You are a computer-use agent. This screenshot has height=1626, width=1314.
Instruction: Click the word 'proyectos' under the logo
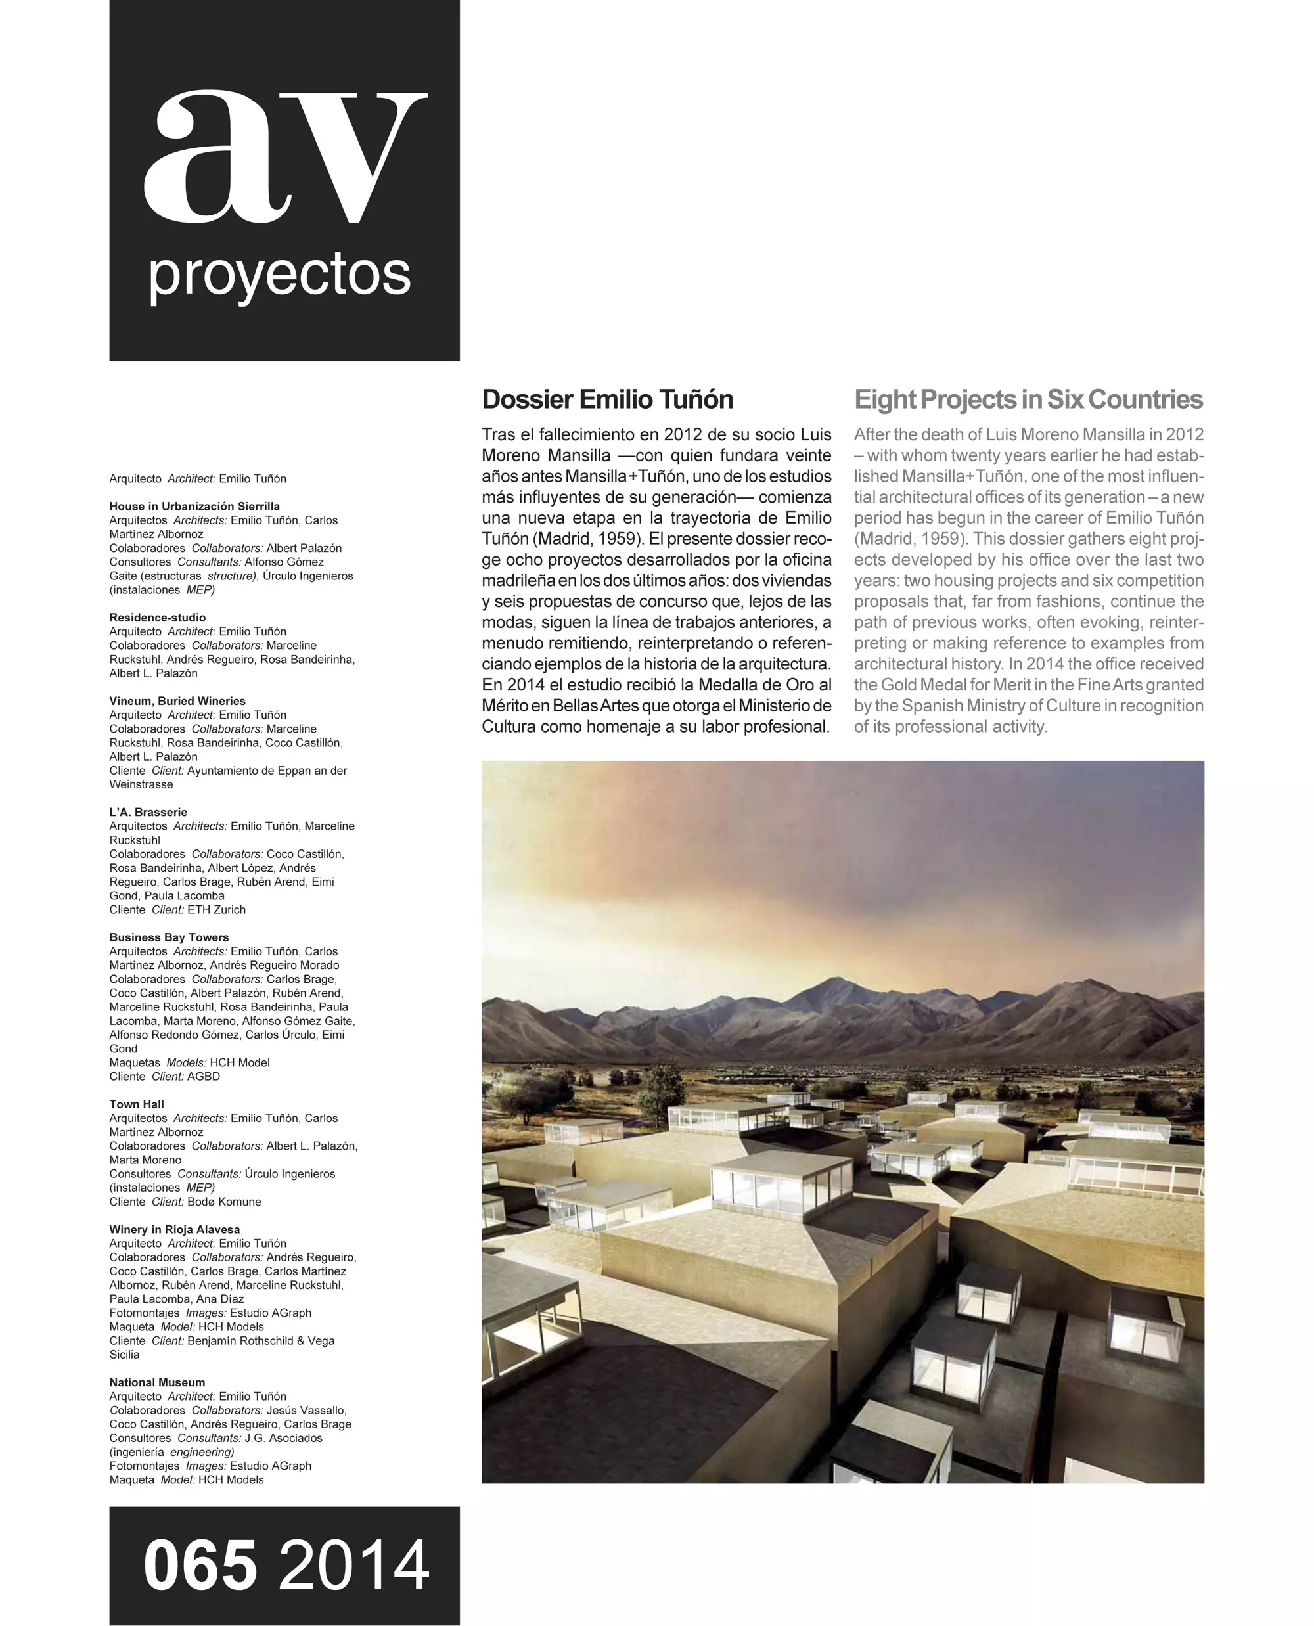point(279,275)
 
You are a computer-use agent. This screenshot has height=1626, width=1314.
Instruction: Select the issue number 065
point(200,1565)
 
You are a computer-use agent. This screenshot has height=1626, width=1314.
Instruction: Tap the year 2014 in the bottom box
point(354,1565)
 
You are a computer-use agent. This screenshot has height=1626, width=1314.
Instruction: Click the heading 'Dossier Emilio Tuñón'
point(607,399)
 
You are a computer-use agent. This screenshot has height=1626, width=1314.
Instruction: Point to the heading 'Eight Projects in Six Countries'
point(1028,399)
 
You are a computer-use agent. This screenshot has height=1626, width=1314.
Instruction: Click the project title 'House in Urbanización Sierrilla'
point(194,507)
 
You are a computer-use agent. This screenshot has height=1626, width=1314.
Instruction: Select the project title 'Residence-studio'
point(158,618)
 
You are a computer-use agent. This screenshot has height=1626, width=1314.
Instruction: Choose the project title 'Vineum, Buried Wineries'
point(177,701)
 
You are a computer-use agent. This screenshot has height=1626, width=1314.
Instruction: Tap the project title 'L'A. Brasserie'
point(148,812)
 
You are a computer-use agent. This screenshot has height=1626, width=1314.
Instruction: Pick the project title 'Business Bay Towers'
point(169,937)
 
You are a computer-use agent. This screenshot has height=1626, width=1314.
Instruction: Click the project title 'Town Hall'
point(136,1104)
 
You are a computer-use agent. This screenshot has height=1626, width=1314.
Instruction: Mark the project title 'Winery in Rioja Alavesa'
point(174,1229)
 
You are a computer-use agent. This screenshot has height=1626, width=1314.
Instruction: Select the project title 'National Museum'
point(156,1382)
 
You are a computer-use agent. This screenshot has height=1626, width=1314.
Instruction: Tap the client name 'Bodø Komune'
point(224,1202)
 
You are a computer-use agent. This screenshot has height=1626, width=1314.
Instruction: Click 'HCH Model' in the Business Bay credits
point(239,1063)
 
